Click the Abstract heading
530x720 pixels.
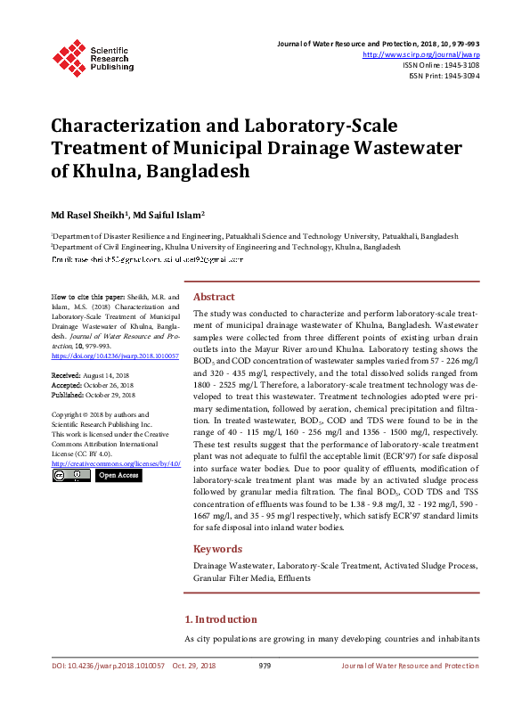coord(214,297)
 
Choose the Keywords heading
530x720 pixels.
coord(217,549)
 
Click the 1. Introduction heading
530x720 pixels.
coord(220,619)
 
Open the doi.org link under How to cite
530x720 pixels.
coord(116,356)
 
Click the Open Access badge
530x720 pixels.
coord(118,476)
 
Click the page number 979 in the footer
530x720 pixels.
coord(265,691)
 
